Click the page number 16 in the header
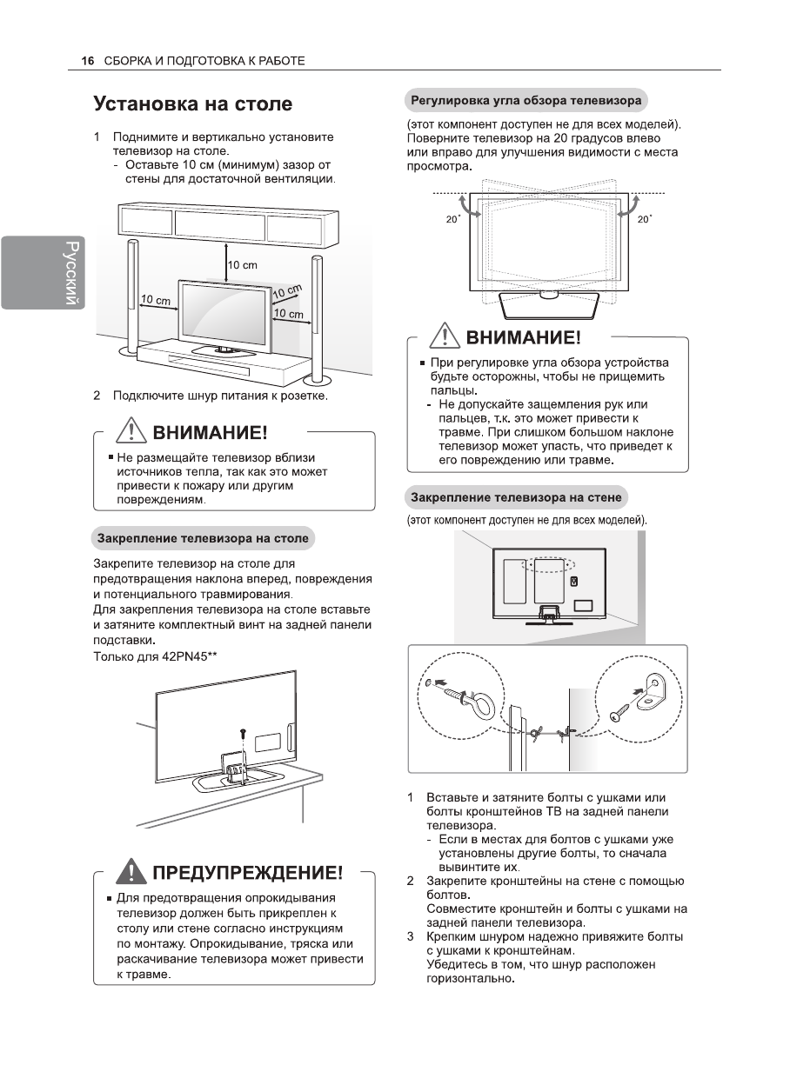[x=86, y=61]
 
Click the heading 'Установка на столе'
[x=192, y=105]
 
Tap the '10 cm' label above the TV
[x=243, y=264]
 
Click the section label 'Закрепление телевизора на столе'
[x=202, y=538]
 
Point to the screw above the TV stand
[x=243, y=735]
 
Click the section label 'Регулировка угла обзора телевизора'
[x=526, y=100]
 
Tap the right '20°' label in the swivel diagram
[x=644, y=220]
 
